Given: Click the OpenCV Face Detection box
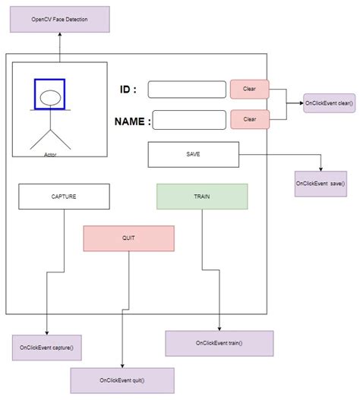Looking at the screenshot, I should point(60,18).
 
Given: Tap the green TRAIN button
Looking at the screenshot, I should point(202,196).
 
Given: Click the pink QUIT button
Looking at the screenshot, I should point(128,238).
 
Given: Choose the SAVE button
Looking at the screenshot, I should point(193,154).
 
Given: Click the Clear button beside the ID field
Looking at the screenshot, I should point(249,90).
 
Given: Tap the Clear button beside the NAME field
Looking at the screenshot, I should point(249,119).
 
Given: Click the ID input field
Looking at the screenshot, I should point(187,90).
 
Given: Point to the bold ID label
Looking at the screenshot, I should point(128,90).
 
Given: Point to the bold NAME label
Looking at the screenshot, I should point(132,121).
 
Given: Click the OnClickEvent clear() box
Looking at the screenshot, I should point(329,103).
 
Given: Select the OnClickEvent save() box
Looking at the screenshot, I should point(321,184).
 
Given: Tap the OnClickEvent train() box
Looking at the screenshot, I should point(219,342).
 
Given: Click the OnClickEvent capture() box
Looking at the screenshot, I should point(47,347).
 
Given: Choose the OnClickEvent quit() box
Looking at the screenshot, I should point(122,380).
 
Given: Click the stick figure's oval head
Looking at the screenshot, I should point(49,97).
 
